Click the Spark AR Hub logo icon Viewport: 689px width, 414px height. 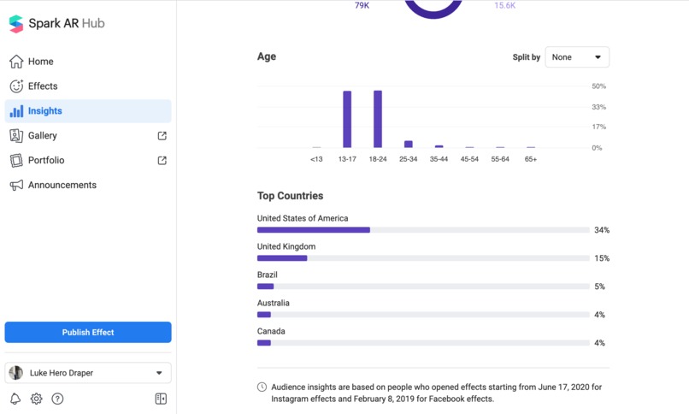point(16,24)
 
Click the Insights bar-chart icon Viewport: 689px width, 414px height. point(16,111)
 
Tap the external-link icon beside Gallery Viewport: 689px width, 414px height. point(162,136)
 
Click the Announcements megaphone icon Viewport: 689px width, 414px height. point(16,185)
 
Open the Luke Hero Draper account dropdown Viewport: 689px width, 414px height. point(88,373)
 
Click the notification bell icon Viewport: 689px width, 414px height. point(15,399)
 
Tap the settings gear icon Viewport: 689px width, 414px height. point(37,399)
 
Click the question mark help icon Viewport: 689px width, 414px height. point(57,399)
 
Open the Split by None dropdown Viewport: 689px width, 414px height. point(577,57)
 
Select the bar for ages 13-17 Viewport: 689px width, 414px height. point(347,119)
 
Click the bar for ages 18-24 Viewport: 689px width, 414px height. point(378,119)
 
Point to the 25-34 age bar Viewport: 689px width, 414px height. point(409,145)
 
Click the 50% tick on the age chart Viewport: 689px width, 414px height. point(598,86)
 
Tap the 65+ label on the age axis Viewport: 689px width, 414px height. point(531,159)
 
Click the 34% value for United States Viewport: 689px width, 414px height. point(602,230)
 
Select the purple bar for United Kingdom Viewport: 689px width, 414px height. point(282,258)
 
